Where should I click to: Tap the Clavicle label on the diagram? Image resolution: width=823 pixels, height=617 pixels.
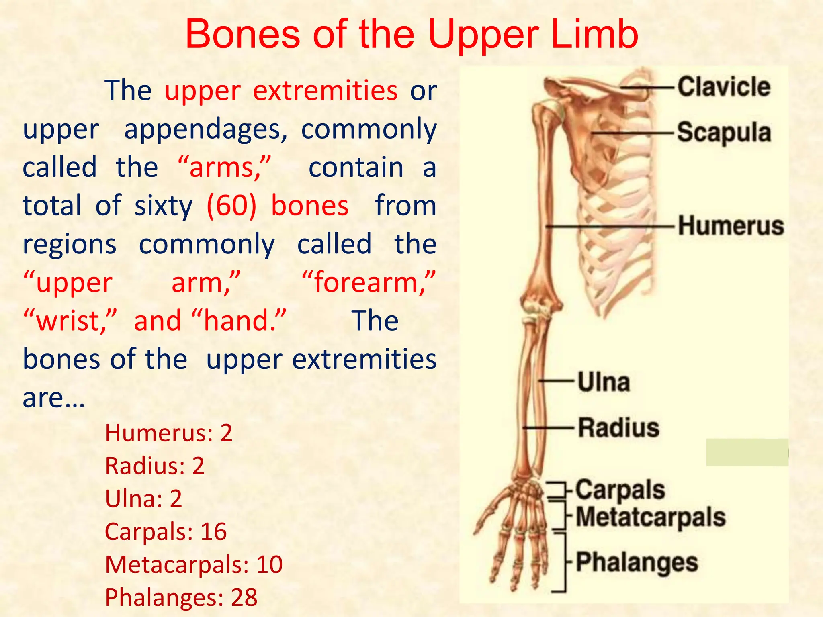724,87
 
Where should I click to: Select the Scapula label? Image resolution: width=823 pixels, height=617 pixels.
724,133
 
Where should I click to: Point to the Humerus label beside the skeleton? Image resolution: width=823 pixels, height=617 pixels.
731,225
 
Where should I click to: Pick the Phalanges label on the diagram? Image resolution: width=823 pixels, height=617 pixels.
637,562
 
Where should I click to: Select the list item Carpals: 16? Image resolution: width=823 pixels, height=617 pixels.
166,531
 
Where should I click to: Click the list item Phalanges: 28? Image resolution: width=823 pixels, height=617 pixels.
181,597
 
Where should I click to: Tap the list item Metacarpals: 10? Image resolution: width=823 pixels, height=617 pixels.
194,564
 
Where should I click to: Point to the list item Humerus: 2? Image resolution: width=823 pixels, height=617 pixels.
169,433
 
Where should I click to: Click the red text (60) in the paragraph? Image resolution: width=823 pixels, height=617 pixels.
231,206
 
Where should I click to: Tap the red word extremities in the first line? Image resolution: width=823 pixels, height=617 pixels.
325,90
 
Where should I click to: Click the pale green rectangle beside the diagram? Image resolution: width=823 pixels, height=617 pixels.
747,453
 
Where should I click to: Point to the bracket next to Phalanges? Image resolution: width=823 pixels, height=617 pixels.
564,562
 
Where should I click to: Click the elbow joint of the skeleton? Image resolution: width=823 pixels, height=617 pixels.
538,307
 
